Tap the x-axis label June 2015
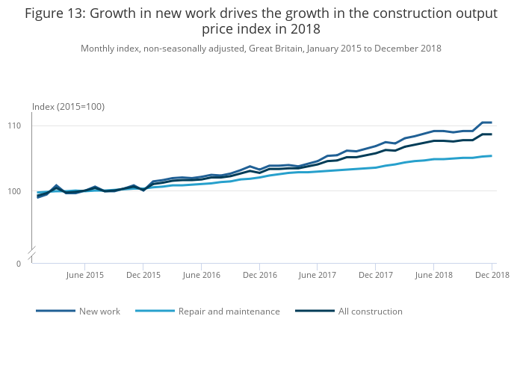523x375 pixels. (85, 276)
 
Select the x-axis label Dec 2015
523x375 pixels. (143, 276)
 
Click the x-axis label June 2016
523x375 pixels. (201, 276)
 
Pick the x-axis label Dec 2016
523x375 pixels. (259, 276)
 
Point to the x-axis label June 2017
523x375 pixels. (317, 276)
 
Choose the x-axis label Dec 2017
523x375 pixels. (376, 276)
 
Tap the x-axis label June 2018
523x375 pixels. (434, 276)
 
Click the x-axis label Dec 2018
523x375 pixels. (491, 276)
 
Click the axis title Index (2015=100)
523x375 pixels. (68, 107)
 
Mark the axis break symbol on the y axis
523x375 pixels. (31, 256)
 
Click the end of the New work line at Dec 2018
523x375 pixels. (491, 123)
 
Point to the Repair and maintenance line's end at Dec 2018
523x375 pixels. (491, 156)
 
